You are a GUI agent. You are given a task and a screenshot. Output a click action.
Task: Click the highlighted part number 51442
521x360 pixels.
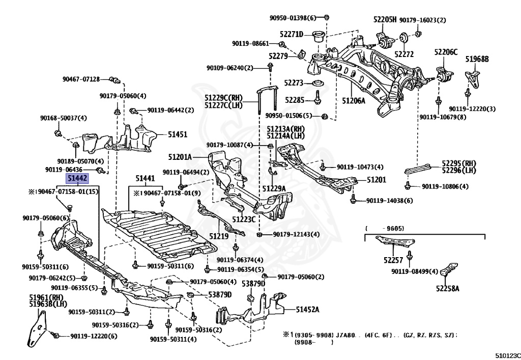click(77, 179)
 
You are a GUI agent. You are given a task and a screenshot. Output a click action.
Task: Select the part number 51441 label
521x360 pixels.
click(145, 179)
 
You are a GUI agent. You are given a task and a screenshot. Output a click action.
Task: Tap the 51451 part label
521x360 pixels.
click(178, 134)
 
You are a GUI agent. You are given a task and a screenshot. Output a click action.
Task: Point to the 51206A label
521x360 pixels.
click(354, 100)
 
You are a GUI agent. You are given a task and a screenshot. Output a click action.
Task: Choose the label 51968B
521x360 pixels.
click(477, 59)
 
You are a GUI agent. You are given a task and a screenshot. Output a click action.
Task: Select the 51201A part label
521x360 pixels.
click(180, 156)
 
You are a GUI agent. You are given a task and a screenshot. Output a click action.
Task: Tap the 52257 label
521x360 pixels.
click(393, 260)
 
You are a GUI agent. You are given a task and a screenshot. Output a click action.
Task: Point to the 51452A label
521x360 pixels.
click(307, 310)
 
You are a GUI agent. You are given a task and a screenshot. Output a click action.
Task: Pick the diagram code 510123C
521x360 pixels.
click(508, 356)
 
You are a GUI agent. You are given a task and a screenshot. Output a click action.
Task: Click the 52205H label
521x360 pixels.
click(385, 19)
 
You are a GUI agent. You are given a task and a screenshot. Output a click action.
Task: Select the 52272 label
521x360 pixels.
click(404, 54)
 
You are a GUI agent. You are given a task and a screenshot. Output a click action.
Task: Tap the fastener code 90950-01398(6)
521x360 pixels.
click(293, 18)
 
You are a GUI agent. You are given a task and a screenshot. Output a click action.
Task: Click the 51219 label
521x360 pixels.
click(219, 236)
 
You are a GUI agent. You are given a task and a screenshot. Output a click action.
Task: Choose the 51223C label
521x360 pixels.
click(244, 219)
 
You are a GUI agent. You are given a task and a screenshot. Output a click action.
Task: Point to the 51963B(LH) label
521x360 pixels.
click(48, 304)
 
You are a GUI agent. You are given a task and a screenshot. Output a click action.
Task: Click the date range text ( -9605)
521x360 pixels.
click(385, 228)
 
